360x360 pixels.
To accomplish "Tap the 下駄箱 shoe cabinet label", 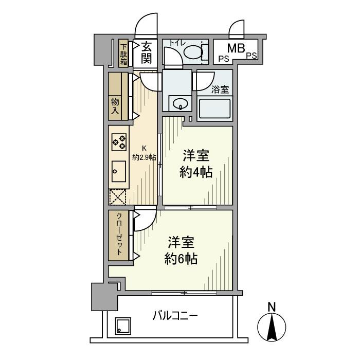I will (124, 53).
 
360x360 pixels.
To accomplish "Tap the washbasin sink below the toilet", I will (181, 104).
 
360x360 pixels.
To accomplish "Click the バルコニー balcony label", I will (175, 315).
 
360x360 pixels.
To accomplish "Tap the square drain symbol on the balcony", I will (122, 325).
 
